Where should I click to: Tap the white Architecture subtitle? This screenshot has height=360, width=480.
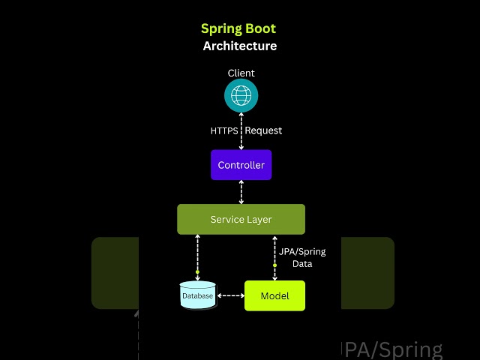240,46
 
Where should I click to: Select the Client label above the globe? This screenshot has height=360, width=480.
241,73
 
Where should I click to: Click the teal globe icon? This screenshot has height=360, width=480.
241,96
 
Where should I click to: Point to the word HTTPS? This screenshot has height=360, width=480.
224,130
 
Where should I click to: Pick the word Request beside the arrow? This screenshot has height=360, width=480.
263,130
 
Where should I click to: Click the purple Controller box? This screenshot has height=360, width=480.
241,165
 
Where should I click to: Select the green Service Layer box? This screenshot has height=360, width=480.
241,219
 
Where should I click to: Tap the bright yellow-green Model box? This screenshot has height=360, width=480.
274,295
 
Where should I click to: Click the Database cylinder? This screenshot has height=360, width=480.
198,295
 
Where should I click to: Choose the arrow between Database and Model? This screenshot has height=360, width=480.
230,295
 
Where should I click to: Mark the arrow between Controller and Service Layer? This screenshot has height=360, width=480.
241,192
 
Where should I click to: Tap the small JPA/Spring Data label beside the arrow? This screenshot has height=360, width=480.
302,258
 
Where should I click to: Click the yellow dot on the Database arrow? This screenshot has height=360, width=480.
198,271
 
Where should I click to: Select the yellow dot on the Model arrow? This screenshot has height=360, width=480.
274,265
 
